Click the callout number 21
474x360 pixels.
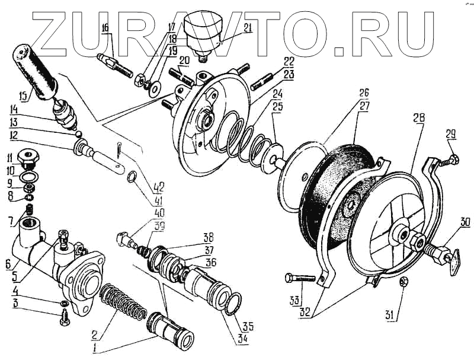230,27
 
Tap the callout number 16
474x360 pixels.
105,28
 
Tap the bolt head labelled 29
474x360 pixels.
453,160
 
